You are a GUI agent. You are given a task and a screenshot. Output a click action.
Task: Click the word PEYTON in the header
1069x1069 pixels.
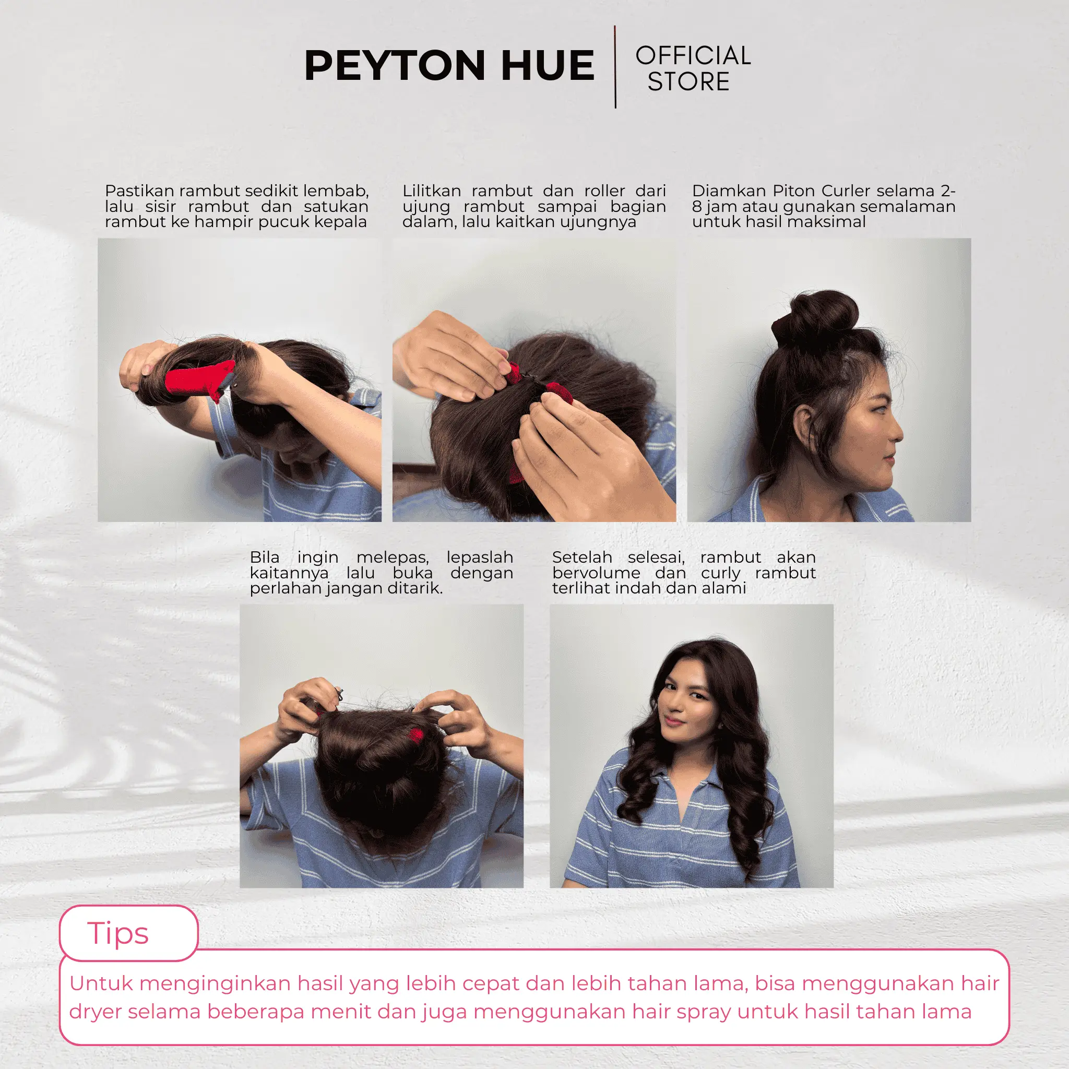[x=395, y=65]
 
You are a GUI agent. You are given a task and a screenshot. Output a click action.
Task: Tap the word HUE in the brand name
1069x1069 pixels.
[x=548, y=65]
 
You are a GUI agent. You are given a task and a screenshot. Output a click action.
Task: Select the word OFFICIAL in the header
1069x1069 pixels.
[x=693, y=55]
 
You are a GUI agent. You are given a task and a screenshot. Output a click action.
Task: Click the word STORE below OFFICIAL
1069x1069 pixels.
[x=689, y=81]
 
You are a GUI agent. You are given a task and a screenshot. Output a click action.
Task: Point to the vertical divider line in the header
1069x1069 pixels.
[x=615, y=66]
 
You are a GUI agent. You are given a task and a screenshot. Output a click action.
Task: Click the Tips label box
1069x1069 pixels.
[x=129, y=933]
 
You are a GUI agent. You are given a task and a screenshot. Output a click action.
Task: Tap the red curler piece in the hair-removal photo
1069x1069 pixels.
[x=415, y=736]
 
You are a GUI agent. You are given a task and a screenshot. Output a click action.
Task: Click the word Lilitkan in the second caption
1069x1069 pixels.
[x=432, y=191]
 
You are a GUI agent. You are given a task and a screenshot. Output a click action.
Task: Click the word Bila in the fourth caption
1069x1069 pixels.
[x=265, y=557]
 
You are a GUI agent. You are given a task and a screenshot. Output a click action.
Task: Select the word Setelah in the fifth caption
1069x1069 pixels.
[x=582, y=557]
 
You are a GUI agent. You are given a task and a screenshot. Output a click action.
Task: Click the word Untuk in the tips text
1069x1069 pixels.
[x=101, y=984]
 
